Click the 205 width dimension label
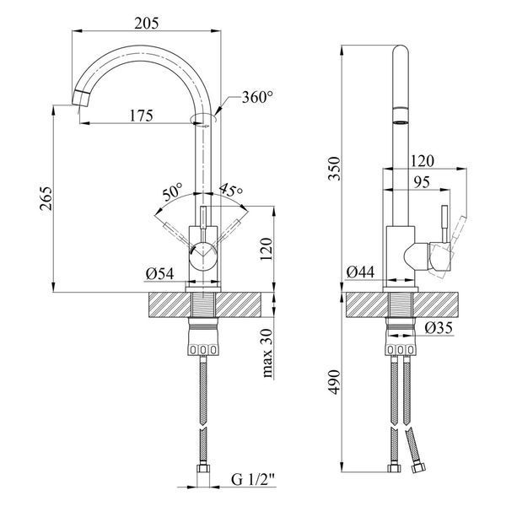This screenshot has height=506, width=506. [x=147, y=24]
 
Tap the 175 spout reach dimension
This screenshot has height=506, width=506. [x=142, y=116]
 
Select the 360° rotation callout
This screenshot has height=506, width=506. [x=257, y=97]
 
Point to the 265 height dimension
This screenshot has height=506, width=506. [x=46, y=198]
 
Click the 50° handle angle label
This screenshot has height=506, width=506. [x=172, y=192]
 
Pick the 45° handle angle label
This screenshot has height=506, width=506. [x=230, y=191]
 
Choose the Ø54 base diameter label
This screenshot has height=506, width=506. [x=159, y=274]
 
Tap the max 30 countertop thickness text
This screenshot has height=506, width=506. [x=267, y=353]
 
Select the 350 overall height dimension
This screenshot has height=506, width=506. [x=334, y=169]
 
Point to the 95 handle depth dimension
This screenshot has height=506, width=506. [x=422, y=182]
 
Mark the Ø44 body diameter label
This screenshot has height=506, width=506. [x=360, y=272]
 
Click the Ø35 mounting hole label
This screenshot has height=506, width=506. [x=439, y=328]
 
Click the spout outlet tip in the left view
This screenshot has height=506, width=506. [x=80, y=98]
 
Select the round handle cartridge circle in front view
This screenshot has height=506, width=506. [x=202, y=255]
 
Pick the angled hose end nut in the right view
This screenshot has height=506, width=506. [x=418, y=468]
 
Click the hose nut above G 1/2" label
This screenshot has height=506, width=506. [x=203, y=468]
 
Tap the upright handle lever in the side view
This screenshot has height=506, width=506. [x=444, y=223]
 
